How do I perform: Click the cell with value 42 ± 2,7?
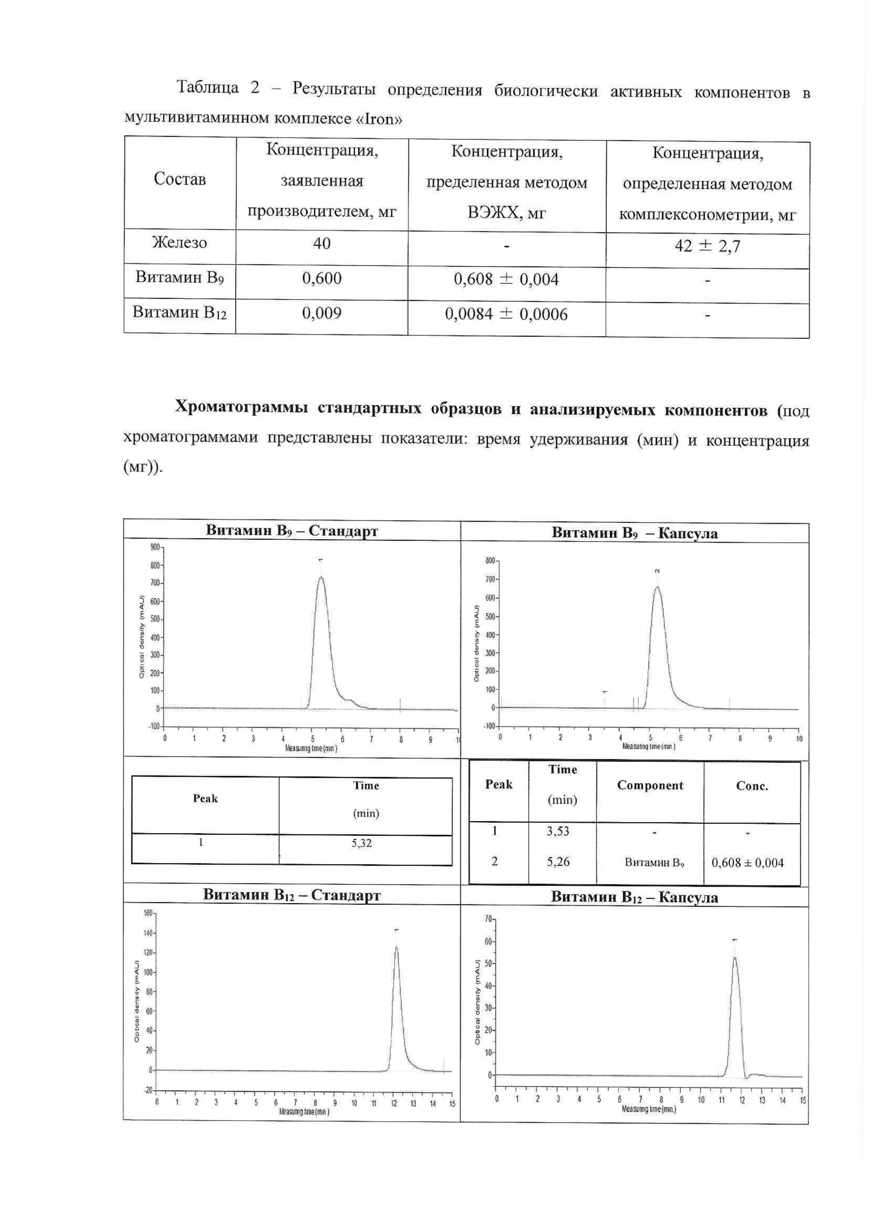coord(707,247)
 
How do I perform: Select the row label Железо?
coord(179,243)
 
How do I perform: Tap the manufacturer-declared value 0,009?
coord(322,313)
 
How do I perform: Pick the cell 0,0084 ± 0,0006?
coord(506,314)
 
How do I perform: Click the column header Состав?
coord(179,179)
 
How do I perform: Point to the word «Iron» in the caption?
coord(378,119)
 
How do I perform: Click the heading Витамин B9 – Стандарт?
coord(292,531)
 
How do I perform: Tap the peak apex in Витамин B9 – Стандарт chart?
coord(321,577)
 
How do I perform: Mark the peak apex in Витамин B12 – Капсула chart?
coord(734,957)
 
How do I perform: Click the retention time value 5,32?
coord(361,843)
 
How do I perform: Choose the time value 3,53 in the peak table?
coord(558,831)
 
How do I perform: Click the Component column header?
coord(650,786)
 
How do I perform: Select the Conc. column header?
coord(752,786)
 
